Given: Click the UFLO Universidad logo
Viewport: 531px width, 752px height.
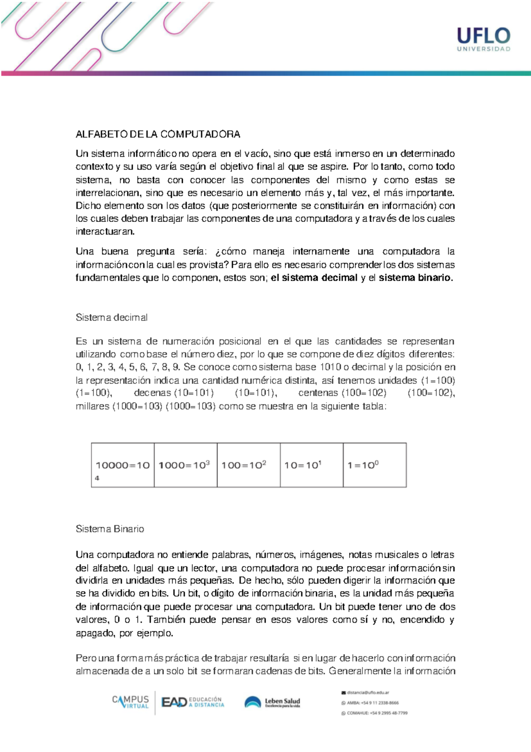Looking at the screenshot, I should pos(483,39).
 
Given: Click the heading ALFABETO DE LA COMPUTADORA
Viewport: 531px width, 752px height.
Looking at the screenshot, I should pos(158,134).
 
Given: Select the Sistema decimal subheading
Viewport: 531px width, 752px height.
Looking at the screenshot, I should pos(112,318).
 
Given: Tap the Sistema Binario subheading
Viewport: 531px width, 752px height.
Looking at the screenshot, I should pos(110,529).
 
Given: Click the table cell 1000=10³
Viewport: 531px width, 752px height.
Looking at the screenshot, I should pos(185,465).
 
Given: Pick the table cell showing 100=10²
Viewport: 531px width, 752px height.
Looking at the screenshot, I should pos(248,465).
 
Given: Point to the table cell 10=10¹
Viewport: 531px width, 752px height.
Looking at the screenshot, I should pos(311,465).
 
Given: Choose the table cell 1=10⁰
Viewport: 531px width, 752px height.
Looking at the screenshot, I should pos(374,465).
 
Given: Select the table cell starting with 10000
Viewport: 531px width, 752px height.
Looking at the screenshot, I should pos(123,465).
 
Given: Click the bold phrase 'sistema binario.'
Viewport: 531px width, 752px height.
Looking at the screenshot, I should pos(416,278).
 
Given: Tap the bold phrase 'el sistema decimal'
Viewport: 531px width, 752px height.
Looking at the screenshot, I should pos(314,278).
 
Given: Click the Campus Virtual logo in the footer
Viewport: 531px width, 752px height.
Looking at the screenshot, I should pos(131,702).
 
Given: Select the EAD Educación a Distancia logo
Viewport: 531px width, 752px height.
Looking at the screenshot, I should pos(193,702).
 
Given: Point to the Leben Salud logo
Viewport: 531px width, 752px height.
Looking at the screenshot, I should pos(273,702).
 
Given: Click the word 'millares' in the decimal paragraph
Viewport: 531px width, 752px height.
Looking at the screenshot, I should pos(92,407).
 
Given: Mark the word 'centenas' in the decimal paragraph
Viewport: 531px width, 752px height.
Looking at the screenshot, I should pos(318,393).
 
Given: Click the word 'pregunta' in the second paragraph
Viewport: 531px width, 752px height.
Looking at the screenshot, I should pos(156,252).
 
